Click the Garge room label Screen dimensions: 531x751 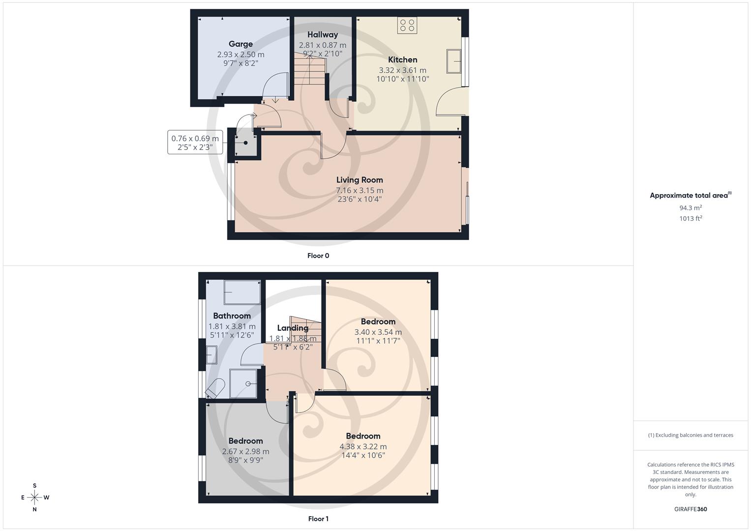[x=240, y=44]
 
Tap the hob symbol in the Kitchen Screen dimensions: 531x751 [x=407, y=25]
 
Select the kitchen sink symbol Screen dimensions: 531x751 [x=453, y=61]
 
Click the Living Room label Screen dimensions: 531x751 [x=360, y=180]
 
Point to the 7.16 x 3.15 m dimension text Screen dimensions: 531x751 [x=360, y=190]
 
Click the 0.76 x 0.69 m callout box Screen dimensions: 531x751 [x=195, y=143]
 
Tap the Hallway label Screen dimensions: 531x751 [x=323, y=34]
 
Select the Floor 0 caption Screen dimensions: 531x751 [x=318, y=256]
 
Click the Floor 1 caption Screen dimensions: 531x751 [x=318, y=519]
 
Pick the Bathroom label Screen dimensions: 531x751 [x=232, y=316]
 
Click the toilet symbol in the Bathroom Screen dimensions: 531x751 [x=215, y=387]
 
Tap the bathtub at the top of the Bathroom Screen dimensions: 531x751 [x=242, y=293]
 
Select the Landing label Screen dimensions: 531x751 [x=293, y=328]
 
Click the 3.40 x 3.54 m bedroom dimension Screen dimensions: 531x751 [x=378, y=332]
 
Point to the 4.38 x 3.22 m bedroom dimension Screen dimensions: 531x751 [x=363, y=446]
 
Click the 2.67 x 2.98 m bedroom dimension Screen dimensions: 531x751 [x=245, y=451]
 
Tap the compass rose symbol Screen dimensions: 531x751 [x=34, y=498]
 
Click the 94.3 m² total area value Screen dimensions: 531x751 [x=691, y=208]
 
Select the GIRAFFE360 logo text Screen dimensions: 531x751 [x=691, y=509]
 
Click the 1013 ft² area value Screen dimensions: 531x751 [x=691, y=219]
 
